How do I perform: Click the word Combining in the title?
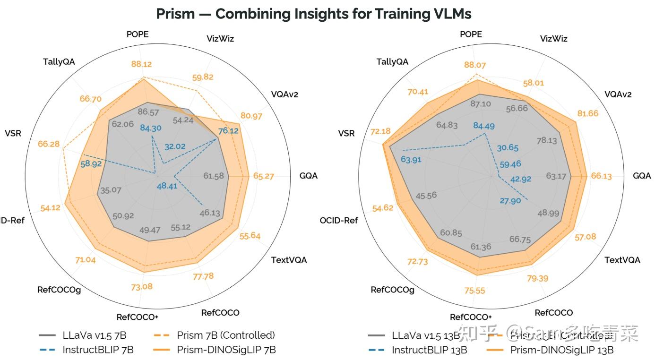point(247,14)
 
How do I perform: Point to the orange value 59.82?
point(202,77)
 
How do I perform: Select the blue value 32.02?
point(175,146)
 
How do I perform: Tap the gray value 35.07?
point(111,190)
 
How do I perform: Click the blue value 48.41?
point(167,186)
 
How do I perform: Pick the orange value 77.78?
point(203,276)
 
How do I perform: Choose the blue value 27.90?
point(510,201)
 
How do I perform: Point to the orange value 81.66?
point(588,113)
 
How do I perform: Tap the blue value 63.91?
point(411,159)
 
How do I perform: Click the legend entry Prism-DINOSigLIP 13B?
point(562,350)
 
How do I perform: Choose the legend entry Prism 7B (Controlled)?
point(225,335)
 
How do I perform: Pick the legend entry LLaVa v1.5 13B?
point(426,335)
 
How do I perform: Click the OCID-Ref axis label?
point(338,220)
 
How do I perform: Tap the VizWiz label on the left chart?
point(220,39)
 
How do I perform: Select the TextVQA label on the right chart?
point(622,260)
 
